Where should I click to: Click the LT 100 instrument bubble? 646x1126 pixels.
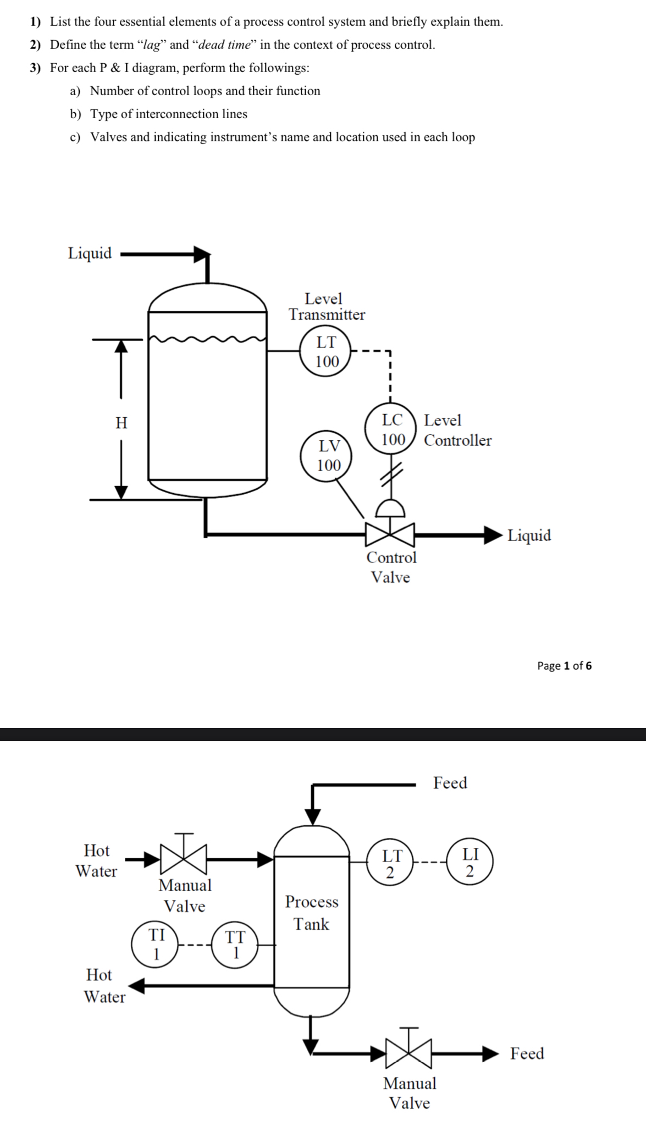(x=327, y=352)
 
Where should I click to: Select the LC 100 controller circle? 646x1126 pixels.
(x=393, y=430)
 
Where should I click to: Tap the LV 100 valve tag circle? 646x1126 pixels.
(x=328, y=456)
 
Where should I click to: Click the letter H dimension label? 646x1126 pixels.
(x=122, y=423)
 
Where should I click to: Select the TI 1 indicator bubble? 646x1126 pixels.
(x=156, y=945)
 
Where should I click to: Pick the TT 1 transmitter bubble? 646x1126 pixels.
(x=235, y=946)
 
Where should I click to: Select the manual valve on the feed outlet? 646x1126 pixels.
(x=409, y=1053)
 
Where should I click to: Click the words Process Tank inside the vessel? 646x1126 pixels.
(x=312, y=913)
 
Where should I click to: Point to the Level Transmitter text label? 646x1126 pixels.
(x=327, y=307)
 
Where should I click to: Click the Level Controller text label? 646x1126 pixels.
(x=457, y=430)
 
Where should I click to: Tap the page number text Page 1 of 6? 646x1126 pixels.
(x=564, y=666)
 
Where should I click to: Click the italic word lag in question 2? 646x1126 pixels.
(x=151, y=45)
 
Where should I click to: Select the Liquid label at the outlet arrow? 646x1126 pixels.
(x=529, y=535)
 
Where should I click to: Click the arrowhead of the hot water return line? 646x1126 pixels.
(x=137, y=986)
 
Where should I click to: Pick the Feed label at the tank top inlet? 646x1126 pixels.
(x=450, y=783)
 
